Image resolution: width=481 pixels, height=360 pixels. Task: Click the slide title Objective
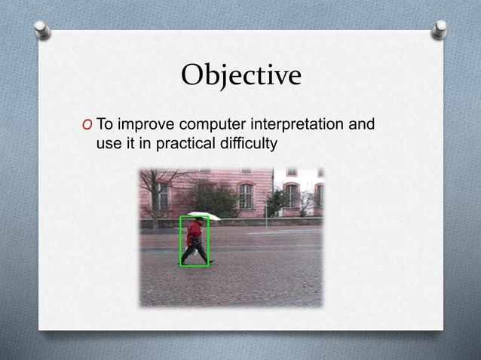[240, 75]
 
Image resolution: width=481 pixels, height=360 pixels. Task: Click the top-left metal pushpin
[43, 29]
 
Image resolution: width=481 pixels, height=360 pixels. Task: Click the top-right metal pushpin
[440, 29]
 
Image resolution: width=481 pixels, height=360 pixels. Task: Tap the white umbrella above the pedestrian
[204, 216]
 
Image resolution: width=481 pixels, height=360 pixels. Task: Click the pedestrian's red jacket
[195, 230]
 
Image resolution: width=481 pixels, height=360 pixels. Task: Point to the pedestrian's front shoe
[210, 261]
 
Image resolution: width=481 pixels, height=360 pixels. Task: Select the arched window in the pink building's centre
[245, 195]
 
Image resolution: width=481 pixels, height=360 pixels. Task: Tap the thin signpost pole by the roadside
[266, 213]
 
